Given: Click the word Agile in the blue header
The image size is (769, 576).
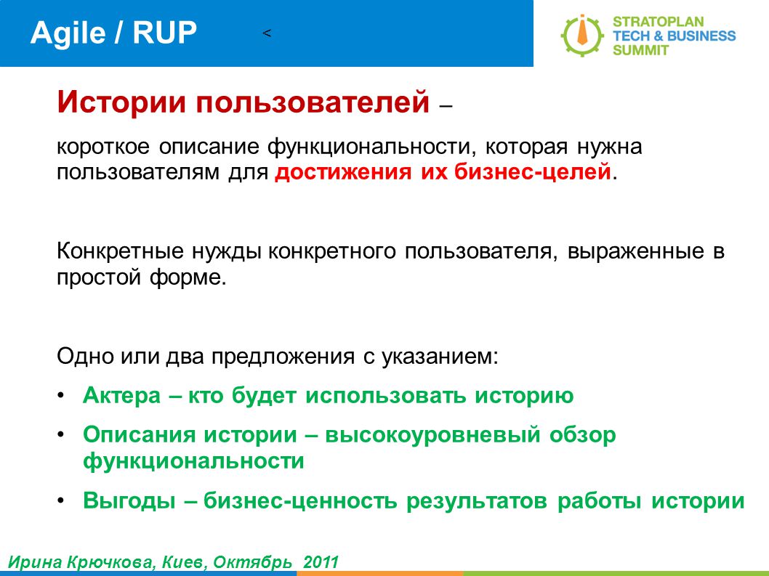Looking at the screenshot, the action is tap(68, 34).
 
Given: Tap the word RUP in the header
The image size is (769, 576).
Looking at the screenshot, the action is tap(164, 33).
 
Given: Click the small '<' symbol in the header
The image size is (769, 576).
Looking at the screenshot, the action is tap(267, 33).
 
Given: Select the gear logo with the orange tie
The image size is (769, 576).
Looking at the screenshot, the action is tap(582, 36).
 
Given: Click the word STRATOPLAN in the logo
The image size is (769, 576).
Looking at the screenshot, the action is tap(659, 22).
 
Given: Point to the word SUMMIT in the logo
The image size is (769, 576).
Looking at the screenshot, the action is tap(640, 50).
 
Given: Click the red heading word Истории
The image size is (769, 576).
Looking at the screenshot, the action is tap(121, 102).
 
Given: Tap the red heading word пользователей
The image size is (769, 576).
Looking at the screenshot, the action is tap(313, 102).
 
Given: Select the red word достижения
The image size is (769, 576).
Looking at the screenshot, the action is tap(343, 173).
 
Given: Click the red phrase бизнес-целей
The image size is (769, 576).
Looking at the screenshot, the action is tap(533, 173).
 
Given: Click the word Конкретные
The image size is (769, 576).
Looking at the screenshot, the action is tap(120, 251).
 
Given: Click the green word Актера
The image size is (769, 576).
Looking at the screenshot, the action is tap(121, 395).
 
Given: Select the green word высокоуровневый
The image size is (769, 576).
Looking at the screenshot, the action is tap(432, 435).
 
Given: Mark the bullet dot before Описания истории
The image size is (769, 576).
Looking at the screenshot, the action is tap(61, 435).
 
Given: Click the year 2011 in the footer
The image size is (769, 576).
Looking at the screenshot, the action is tap(321, 561).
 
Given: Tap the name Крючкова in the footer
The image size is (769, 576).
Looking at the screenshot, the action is tap(110, 561).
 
